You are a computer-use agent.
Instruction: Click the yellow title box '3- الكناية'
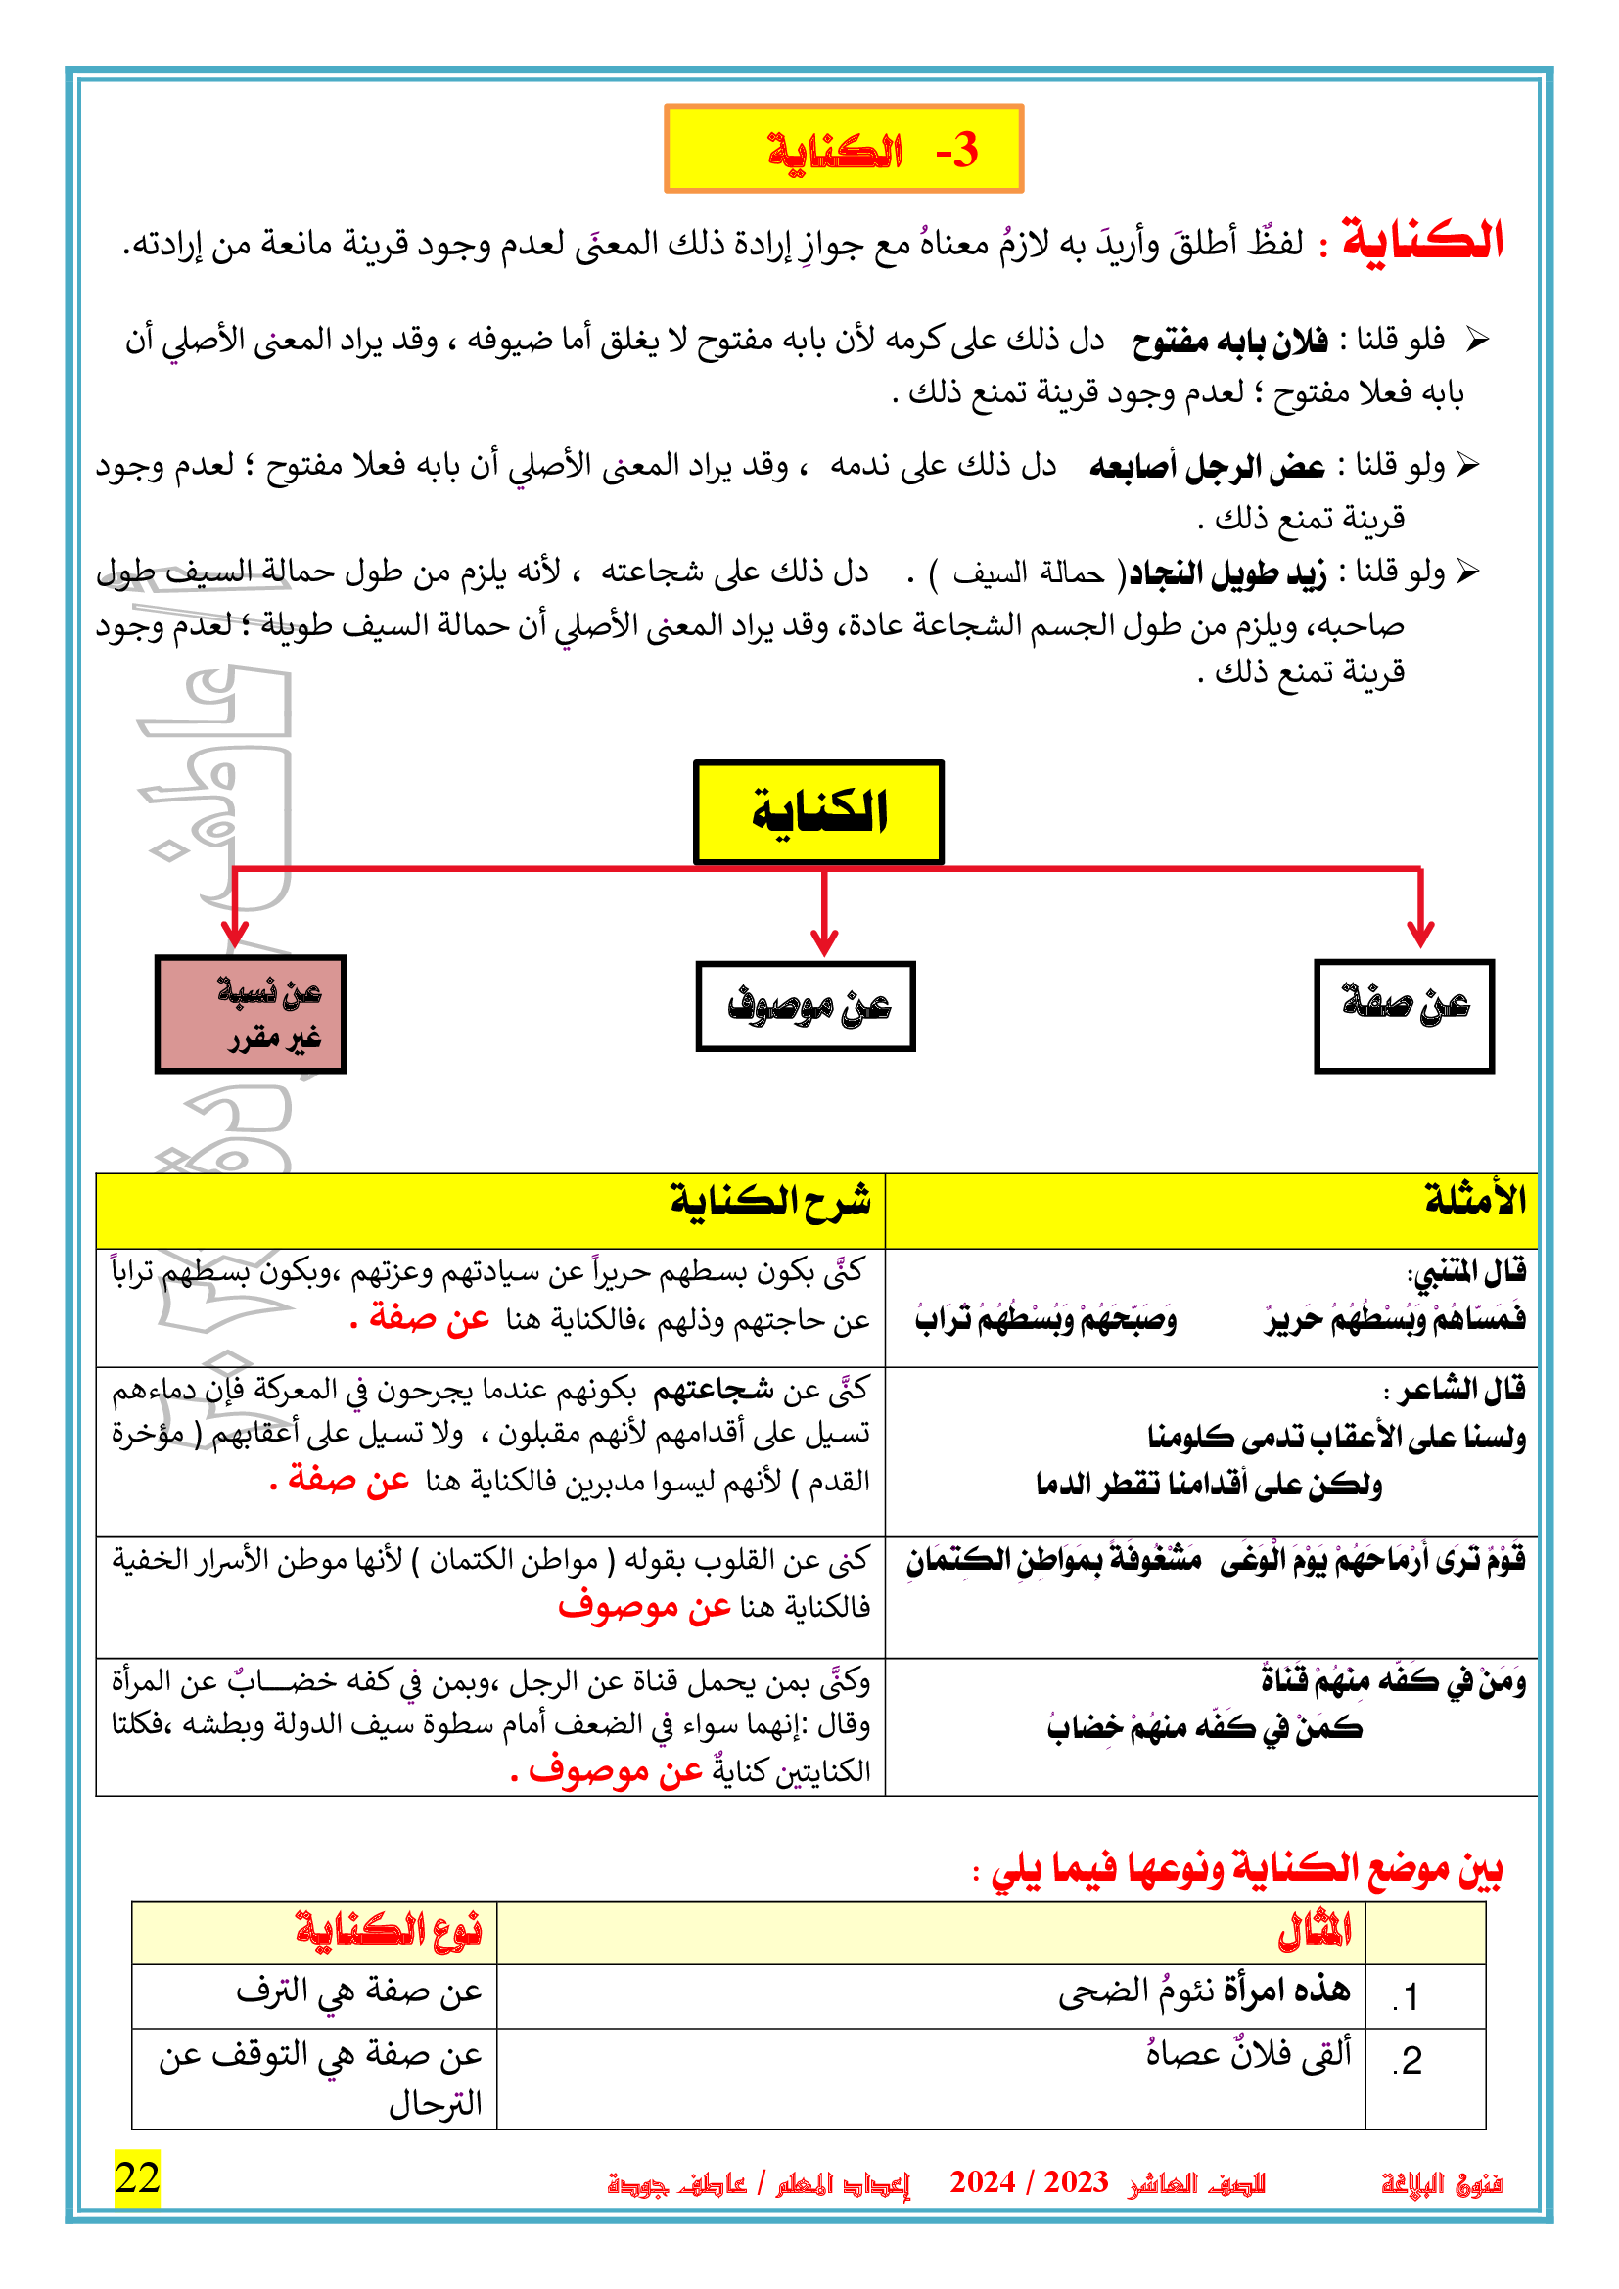(844, 149)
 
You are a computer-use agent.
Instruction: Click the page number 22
(137, 2177)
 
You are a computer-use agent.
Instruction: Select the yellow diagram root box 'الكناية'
(818, 812)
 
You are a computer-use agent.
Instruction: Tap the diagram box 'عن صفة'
(1404, 1015)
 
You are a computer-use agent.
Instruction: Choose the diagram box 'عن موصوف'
(806, 1006)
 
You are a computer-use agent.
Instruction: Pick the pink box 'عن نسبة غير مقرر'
(251, 1014)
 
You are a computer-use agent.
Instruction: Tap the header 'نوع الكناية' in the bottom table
(389, 1931)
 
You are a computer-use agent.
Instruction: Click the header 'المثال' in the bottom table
(1314, 1932)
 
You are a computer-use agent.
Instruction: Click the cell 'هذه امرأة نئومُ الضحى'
(1204, 1991)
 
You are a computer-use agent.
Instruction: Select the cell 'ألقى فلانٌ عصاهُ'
(1248, 2054)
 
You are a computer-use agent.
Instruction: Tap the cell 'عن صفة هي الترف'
(359, 1991)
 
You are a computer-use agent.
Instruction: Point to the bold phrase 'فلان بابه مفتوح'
(1230, 342)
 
